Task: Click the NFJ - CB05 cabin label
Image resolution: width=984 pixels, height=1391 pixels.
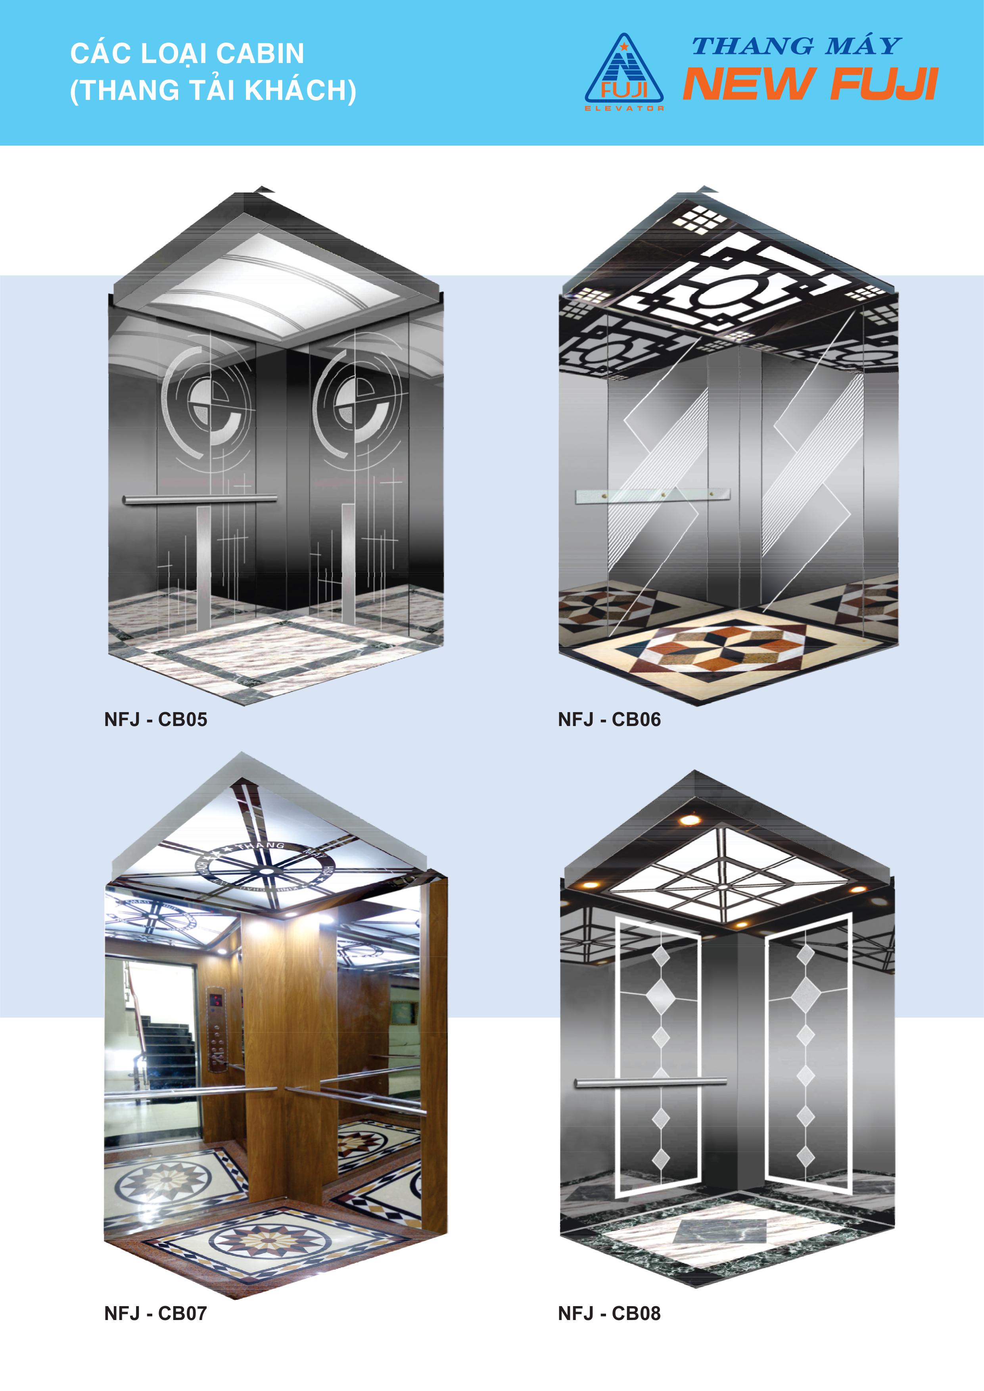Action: (156, 719)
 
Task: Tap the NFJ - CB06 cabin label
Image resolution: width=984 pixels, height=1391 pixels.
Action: (609, 719)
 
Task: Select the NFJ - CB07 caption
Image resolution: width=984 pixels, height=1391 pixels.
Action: (156, 1313)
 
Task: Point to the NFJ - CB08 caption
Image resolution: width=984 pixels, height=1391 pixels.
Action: (609, 1313)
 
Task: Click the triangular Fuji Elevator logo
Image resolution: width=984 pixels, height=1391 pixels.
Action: (624, 72)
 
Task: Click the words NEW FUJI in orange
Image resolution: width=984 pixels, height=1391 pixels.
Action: (811, 84)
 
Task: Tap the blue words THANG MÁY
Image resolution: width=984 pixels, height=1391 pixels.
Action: (797, 46)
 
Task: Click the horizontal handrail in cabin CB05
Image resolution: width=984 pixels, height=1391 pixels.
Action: (200, 499)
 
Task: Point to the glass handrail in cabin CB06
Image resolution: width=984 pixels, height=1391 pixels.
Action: (652, 496)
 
